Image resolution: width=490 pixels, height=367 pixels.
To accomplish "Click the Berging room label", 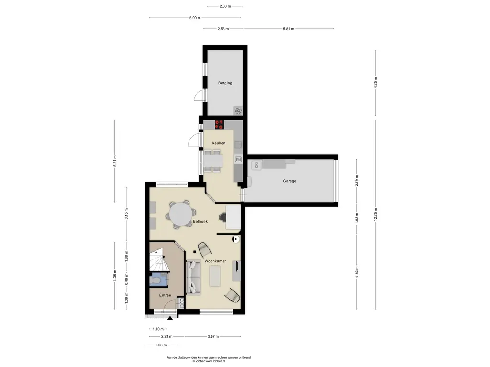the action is tap(225, 83).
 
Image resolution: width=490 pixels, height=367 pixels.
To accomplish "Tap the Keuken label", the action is tap(218, 143).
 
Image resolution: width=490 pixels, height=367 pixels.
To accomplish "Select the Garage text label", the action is tap(290, 181).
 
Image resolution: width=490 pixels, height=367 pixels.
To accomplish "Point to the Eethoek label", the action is tap(200, 222).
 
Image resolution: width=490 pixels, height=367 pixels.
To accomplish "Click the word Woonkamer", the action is tap(215, 261).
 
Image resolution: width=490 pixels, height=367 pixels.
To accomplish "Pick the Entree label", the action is tap(165, 295).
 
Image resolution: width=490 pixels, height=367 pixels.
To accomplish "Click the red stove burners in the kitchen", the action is tap(219, 125).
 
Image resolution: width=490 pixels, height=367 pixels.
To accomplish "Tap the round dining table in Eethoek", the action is tap(181, 215).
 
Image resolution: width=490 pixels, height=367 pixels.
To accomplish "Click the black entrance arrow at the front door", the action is tap(170, 318).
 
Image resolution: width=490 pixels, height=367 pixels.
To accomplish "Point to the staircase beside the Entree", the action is tap(159, 260).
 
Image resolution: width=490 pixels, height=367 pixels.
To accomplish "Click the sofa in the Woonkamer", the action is tap(193, 278).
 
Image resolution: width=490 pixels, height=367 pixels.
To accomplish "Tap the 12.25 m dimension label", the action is tap(375, 214).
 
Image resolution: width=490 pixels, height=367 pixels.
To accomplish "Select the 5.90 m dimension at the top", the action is tap(195, 18).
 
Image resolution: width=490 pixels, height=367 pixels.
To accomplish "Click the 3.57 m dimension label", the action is tap(213, 337).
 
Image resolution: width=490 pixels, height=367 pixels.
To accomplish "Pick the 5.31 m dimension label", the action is tap(115, 161).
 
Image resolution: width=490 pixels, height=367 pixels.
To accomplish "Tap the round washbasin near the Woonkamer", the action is tap(236, 239).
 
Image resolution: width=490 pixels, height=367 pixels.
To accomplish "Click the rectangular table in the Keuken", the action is tap(213, 161).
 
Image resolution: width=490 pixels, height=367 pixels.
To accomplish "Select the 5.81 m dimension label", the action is tap(289, 29).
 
